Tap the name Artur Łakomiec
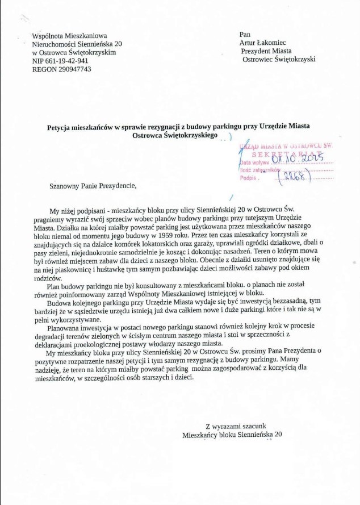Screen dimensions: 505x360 pos(263,43)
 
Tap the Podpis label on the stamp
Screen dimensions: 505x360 pos(249,177)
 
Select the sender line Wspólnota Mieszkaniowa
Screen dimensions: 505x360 pos(69,35)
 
